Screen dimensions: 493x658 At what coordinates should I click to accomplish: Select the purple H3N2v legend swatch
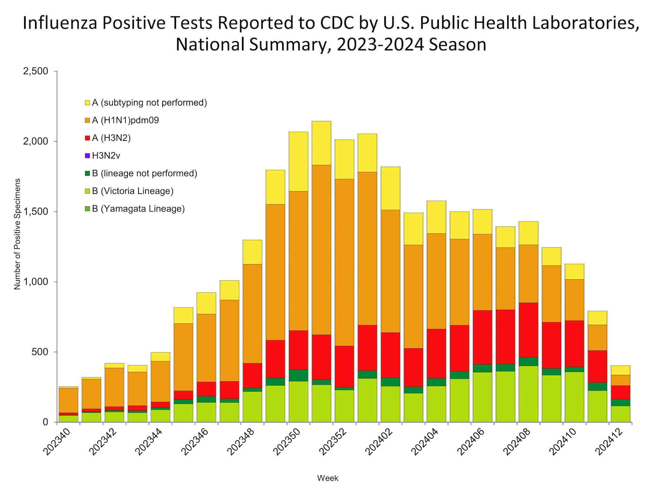pyautogui.click(x=87, y=156)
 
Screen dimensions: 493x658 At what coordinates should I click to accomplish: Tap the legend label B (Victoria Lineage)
pyautogui.click(x=132, y=191)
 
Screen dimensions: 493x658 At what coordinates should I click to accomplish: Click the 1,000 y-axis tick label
pyautogui.click(x=35, y=282)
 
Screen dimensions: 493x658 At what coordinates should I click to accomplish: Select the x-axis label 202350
pyautogui.click(x=288, y=442)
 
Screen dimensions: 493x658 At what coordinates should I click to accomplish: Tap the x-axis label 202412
pyautogui.click(x=610, y=442)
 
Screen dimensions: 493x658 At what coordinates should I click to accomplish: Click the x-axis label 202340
pyautogui.click(x=58, y=442)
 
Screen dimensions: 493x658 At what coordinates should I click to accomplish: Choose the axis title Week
pyautogui.click(x=327, y=478)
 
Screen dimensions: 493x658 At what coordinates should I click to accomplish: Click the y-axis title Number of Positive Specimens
pyautogui.click(x=17, y=234)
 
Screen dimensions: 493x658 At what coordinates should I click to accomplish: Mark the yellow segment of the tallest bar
pyautogui.click(x=321, y=143)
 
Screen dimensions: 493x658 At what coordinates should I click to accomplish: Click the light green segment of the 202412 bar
pyautogui.click(x=620, y=414)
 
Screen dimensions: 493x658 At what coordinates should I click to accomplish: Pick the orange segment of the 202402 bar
pyautogui.click(x=390, y=271)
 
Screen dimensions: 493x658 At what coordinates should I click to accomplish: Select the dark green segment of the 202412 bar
pyautogui.click(x=620, y=402)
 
